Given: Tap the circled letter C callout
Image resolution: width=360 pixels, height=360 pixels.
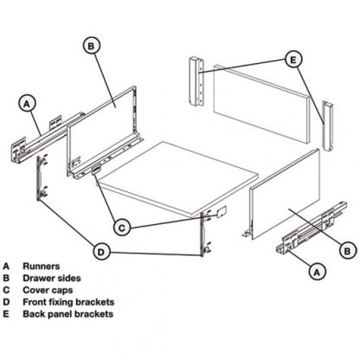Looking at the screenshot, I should pos(123,228).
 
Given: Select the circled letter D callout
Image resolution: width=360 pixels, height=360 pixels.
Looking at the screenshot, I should pos(102,252).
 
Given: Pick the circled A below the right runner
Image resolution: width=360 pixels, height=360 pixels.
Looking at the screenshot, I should pos(317,271).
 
